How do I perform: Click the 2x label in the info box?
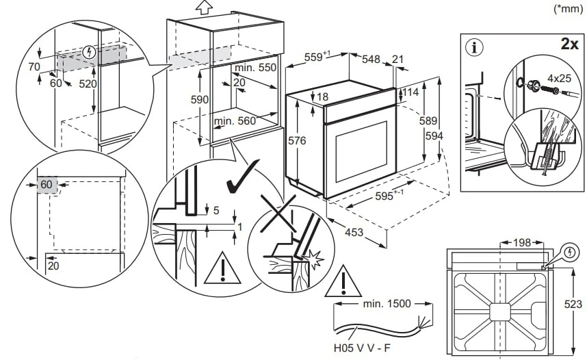(x=569, y=45)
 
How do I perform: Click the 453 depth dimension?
(x=354, y=233)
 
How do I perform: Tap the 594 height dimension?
(x=434, y=136)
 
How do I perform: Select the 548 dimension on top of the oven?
(x=371, y=60)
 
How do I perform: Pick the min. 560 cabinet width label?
(x=234, y=120)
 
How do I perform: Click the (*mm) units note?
(x=567, y=9)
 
